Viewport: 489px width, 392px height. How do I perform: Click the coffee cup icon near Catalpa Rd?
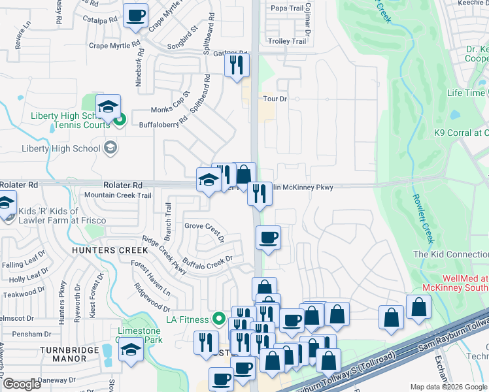click(x=135, y=16)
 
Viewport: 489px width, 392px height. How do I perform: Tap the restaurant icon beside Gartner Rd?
click(x=237, y=65)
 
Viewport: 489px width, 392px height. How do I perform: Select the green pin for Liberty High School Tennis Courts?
click(x=120, y=120)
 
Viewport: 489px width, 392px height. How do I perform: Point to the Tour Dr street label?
click(x=275, y=99)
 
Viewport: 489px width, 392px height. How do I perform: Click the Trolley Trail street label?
click(x=288, y=41)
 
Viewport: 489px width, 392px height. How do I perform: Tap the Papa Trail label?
click(x=287, y=8)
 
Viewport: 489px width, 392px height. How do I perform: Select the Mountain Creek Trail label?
click(x=118, y=195)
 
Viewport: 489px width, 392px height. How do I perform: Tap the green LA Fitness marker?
click(x=219, y=319)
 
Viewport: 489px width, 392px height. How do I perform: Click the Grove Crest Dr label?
click(x=204, y=226)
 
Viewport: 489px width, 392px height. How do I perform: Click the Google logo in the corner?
click(x=22, y=384)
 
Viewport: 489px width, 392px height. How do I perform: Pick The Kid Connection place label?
click(x=450, y=253)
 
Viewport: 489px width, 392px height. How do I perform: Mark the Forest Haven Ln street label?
click(x=150, y=278)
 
